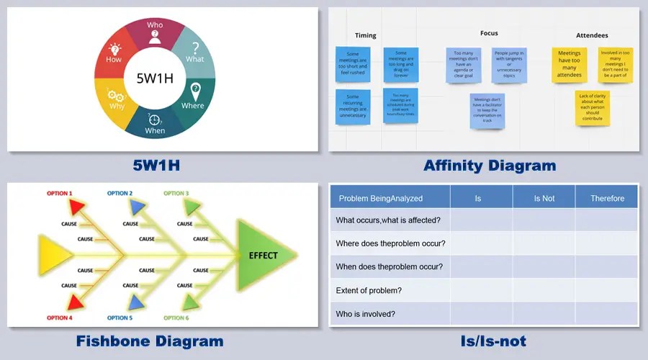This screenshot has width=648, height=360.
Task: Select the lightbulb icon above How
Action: pyautogui.click(x=114, y=50)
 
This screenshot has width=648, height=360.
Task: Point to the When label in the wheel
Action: pyautogui.click(x=155, y=131)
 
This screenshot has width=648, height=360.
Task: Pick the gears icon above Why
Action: pyautogui.click(x=115, y=94)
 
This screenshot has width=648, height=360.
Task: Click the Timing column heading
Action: pyautogui.click(x=366, y=35)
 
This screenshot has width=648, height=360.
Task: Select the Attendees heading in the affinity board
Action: pyautogui.click(x=592, y=35)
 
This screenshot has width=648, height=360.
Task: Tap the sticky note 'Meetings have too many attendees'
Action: pyautogui.click(x=570, y=65)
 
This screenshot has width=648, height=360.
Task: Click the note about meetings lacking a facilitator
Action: pyautogui.click(x=487, y=110)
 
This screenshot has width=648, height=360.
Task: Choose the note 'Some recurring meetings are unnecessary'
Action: pyautogui.click(x=353, y=106)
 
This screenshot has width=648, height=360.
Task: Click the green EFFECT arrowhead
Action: pyautogui.click(x=264, y=255)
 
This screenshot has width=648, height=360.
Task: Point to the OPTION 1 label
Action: pyautogui.click(x=59, y=193)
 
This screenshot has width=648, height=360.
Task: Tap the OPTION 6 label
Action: pyautogui.click(x=176, y=318)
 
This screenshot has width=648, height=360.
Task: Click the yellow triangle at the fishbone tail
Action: pyautogui.click(x=53, y=255)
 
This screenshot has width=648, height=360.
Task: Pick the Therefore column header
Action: pyautogui.click(x=607, y=198)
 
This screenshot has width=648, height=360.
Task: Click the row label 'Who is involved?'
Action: pyautogui.click(x=365, y=314)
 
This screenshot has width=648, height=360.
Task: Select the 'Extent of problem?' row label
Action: pyautogui.click(x=369, y=290)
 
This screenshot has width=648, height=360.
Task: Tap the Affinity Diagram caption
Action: pyautogui.click(x=490, y=166)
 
